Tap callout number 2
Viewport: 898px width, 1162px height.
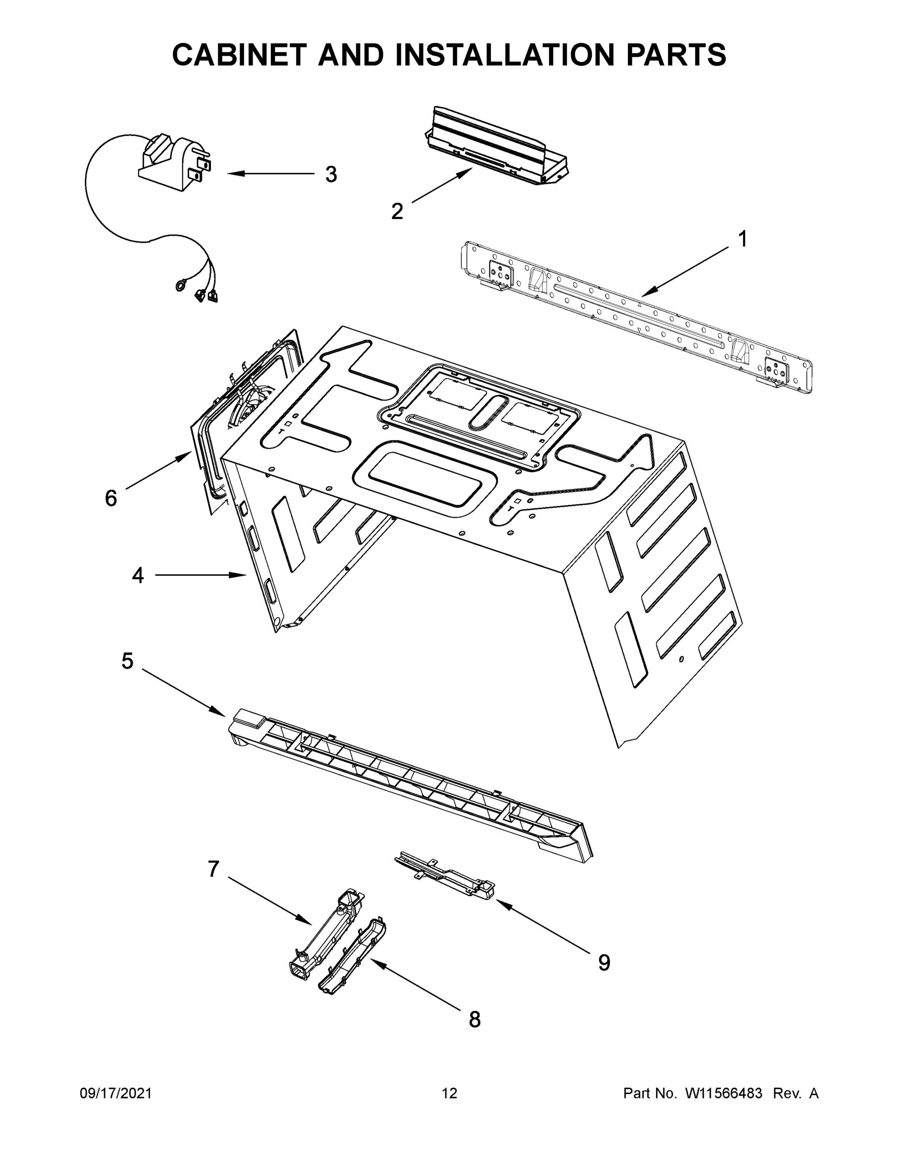click(x=397, y=212)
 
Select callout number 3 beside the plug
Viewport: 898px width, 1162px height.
click(x=331, y=174)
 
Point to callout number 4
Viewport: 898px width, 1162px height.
click(x=138, y=575)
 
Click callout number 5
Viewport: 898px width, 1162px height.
click(x=127, y=661)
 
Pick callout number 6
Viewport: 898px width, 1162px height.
click(x=111, y=499)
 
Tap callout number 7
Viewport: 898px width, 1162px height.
click(x=213, y=870)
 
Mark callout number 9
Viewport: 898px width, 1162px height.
click(x=604, y=963)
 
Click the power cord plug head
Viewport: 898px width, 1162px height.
click(x=176, y=160)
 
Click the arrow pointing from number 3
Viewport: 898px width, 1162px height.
click(x=271, y=174)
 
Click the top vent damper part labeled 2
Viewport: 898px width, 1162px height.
click(x=498, y=146)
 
